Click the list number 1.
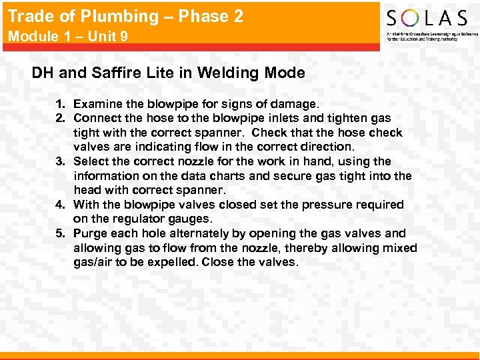pos(60,104)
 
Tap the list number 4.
pos(60,205)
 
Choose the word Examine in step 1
pos(97,104)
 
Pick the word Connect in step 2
pos(98,118)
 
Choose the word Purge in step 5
pos(91,233)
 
